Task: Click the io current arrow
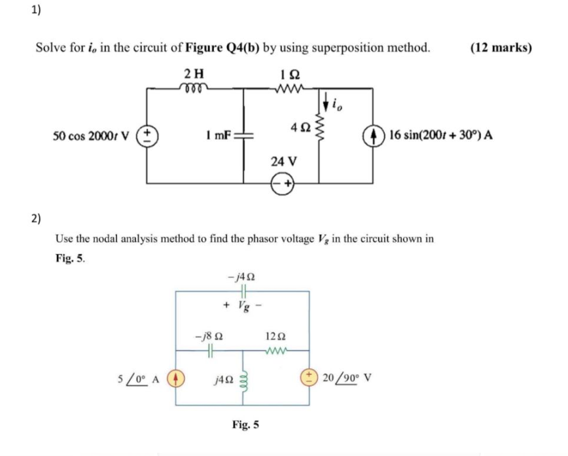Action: point(326,102)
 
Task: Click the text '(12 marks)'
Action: point(501,48)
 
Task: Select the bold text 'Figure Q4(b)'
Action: point(222,48)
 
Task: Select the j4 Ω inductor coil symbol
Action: point(243,377)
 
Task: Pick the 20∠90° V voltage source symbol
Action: point(308,378)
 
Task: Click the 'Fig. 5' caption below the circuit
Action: point(245,425)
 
